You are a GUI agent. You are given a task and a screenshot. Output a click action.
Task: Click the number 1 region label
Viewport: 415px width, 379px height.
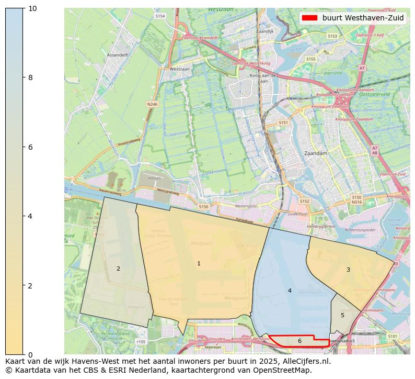tap(199, 263)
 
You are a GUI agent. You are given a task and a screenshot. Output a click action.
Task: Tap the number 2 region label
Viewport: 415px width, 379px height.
tap(118, 269)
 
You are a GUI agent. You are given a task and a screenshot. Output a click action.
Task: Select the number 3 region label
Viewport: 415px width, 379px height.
tap(348, 270)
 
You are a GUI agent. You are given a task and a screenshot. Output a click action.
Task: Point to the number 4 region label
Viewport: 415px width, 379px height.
tap(290, 291)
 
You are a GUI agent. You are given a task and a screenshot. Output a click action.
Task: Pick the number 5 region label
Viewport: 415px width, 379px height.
tap(342, 315)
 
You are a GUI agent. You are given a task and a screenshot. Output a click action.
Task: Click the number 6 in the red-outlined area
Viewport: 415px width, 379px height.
tap(299, 341)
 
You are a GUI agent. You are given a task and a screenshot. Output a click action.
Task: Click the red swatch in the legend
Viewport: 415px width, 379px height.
tap(309, 18)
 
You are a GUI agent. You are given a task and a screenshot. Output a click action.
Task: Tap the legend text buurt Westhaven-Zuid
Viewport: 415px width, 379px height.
tap(363, 18)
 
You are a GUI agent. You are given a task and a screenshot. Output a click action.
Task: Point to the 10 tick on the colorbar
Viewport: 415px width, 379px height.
tap(32, 8)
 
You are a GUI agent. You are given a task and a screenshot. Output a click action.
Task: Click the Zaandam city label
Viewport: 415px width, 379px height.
tap(315, 153)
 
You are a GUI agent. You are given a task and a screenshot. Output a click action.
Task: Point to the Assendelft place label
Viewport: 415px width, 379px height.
tap(117, 54)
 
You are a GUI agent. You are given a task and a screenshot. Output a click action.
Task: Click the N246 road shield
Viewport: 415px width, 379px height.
tap(152, 104)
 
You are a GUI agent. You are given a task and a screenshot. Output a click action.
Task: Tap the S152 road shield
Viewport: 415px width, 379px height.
tap(304, 201)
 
